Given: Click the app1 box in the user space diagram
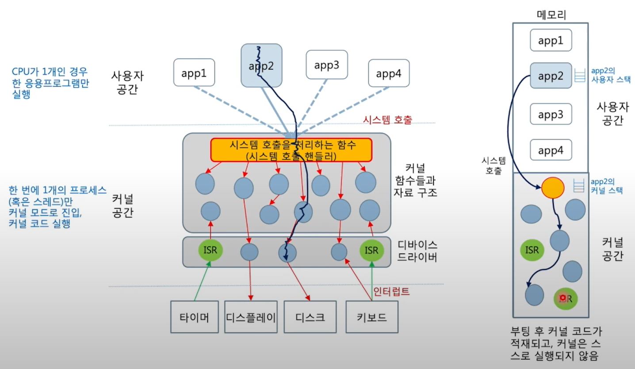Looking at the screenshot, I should [x=194, y=73].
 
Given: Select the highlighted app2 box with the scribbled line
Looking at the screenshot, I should [x=261, y=65].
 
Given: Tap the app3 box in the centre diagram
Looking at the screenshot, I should [x=327, y=65].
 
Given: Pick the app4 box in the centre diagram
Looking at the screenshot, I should [x=388, y=73].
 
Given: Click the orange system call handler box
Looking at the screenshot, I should [x=291, y=150].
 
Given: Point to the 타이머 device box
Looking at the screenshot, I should [x=194, y=317].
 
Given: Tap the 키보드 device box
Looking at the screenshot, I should [x=372, y=317].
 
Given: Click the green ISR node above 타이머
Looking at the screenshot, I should [x=210, y=251].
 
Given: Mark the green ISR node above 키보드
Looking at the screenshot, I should [x=371, y=251].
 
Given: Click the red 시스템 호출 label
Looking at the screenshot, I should [x=387, y=119].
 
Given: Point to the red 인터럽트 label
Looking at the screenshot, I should [x=392, y=291].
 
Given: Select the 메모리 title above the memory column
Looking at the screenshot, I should [x=551, y=15].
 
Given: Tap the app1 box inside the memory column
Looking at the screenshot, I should [x=551, y=41].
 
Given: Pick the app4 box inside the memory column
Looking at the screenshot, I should [x=551, y=151].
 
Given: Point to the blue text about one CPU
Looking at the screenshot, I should [x=50, y=83].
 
